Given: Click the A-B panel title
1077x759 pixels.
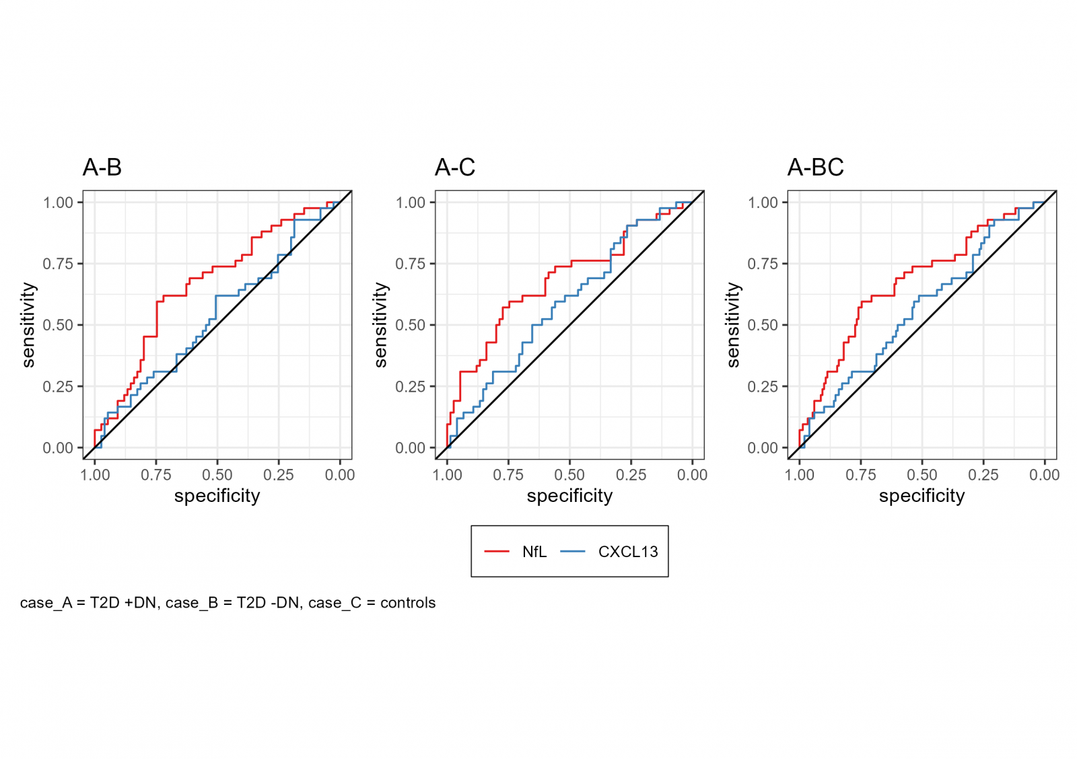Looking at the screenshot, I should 102,167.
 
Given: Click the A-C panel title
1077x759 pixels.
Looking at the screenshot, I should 455,167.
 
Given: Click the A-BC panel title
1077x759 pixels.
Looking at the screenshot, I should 815,167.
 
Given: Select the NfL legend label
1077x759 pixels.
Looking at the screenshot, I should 534,552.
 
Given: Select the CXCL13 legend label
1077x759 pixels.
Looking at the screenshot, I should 627,552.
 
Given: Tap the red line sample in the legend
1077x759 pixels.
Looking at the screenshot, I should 497,552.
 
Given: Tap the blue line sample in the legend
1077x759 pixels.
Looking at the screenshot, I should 573,552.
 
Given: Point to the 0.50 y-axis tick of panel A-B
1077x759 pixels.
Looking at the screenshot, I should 58,325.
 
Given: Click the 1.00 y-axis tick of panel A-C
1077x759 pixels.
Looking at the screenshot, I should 411,203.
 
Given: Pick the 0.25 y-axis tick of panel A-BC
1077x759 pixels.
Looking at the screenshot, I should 763,386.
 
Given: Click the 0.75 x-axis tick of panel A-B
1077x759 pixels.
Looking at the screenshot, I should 156,475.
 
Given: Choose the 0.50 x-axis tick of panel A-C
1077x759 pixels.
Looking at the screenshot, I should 569,475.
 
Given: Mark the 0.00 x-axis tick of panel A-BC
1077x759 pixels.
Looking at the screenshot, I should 1044,475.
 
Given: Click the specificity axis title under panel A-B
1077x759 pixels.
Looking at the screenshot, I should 217,496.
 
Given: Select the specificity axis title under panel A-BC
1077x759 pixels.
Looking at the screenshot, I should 922,496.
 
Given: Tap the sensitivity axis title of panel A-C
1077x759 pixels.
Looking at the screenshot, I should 381,325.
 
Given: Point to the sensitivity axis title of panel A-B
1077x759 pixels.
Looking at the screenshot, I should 28,325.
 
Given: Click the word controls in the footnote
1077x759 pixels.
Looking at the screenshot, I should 408,603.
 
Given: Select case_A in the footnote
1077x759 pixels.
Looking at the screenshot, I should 46,603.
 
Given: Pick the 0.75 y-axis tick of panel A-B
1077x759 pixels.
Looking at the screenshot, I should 58,264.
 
